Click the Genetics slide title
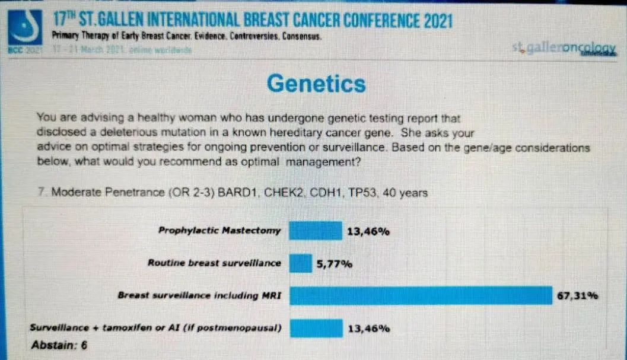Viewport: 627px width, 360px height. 316,84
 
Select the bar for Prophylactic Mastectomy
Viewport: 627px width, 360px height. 315,231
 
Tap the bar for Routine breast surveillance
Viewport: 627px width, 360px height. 300,263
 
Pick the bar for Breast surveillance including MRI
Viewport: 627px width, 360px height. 420,295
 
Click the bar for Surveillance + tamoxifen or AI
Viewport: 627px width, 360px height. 316,328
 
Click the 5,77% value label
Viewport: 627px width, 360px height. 335,264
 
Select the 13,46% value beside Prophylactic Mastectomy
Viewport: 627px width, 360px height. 368,231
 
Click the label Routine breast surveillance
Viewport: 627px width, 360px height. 214,263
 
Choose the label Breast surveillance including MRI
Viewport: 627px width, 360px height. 199,295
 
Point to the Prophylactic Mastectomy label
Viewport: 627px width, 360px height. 219,230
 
